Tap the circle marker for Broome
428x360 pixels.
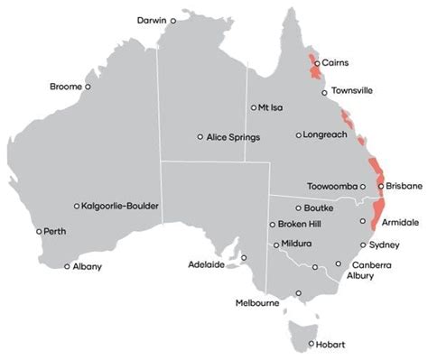pyautogui.click(x=88, y=87)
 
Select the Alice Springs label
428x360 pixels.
pyautogui.click(x=233, y=137)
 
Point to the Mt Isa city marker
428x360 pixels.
pyautogui.click(x=255, y=107)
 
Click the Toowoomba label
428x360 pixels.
pyautogui.click(x=332, y=188)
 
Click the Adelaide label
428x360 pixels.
pyautogui.click(x=206, y=266)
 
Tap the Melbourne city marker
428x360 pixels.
pyautogui.click(x=298, y=292)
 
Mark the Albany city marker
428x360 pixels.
pyautogui.click(x=67, y=266)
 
